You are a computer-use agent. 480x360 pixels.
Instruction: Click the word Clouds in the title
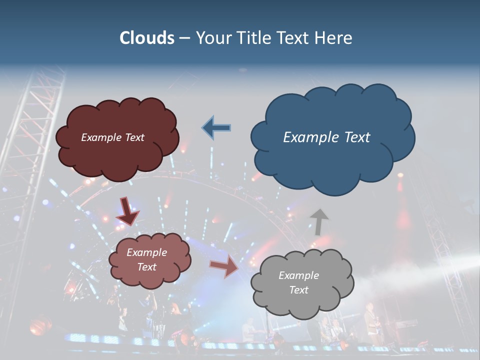[x=147, y=38]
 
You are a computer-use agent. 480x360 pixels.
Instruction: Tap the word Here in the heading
[x=333, y=38]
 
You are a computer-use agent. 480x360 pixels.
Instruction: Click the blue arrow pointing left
[x=216, y=128]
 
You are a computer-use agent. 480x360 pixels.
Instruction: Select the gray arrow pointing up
[x=319, y=221]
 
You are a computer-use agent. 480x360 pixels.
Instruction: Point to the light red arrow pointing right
[x=224, y=267]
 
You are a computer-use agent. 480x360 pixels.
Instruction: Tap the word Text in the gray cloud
[x=298, y=290]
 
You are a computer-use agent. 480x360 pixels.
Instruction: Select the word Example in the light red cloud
[x=146, y=252]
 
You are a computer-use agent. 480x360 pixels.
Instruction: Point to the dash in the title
[x=184, y=38]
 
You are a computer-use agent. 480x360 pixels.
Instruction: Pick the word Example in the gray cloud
[x=298, y=275]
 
